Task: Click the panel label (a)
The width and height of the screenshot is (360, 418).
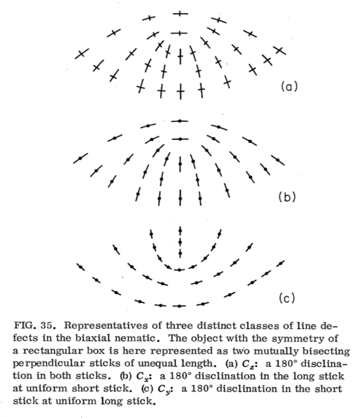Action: (287, 85)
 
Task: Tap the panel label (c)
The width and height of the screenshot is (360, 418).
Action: (286, 297)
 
